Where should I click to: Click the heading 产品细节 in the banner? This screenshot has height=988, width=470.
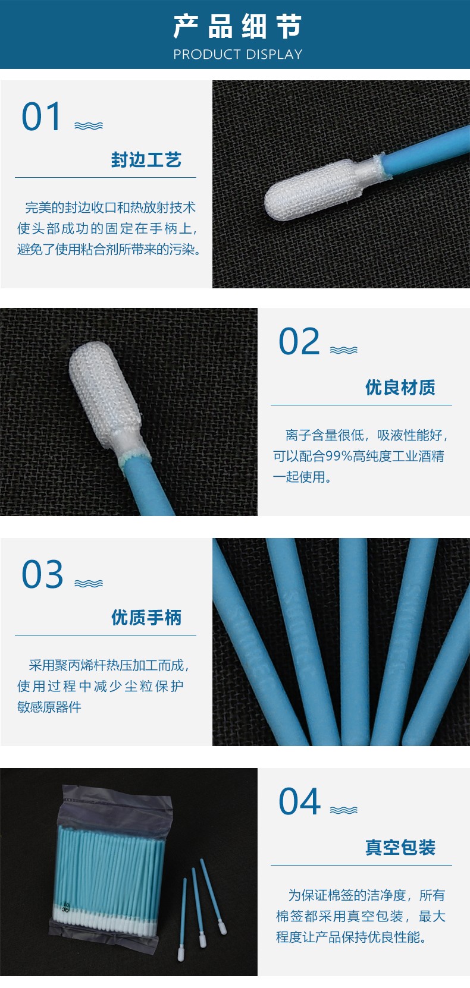(x=237, y=26)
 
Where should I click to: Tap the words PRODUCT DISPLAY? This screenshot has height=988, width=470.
(x=237, y=54)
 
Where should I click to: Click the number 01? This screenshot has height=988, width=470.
(x=42, y=117)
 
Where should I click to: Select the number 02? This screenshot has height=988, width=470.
(x=299, y=341)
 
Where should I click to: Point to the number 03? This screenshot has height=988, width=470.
(x=42, y=574)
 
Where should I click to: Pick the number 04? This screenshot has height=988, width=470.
(x=299, y=801)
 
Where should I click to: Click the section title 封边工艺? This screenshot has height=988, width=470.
(x=146, y=160)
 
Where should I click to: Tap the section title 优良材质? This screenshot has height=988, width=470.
(x=400, y=387)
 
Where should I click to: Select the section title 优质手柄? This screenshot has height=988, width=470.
(x=146, y=618)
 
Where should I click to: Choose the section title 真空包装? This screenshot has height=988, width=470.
(x=400, y=847)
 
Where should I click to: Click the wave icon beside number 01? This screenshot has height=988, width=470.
(x=89, y=125)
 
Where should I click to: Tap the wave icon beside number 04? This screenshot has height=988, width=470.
(x=343, y=810)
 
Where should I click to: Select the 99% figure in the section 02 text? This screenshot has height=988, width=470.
(x=339, y=456)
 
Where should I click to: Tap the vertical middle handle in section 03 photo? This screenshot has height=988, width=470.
(x=354, y=642)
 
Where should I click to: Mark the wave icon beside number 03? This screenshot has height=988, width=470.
(x=89, y=584)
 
